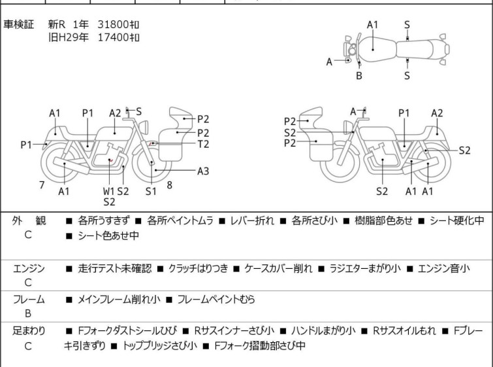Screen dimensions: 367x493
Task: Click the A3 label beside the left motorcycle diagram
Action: tap(203, 171)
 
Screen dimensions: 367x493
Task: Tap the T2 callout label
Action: tap(203, 144)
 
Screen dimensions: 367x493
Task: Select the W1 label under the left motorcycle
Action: tap(108, 191)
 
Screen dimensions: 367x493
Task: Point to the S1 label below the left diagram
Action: tap(151, 191)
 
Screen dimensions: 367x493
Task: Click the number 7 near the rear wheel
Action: tap(42, 185)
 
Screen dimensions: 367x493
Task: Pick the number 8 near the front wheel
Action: tap(169, 185)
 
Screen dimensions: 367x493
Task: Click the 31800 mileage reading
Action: tap(118, 24)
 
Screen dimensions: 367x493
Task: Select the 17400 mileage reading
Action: tap(118, 37)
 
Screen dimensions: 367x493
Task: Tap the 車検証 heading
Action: tap(19, 24)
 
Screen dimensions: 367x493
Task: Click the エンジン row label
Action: tap(28, 269)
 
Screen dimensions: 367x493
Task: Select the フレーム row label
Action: tap(28, 300)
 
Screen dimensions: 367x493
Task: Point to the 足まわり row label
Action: tap(28, 331)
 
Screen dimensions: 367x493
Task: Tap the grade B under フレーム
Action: tap(28, 313)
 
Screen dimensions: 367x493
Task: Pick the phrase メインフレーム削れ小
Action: tap(116, 300)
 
